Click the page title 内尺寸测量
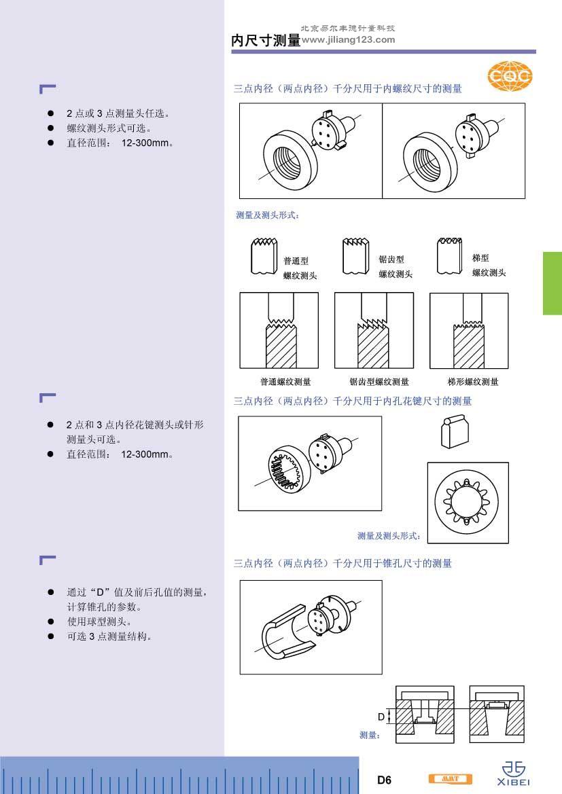pos(266,41)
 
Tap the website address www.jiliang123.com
pos(348,39)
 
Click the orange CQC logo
pos(510,76)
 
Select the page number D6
pos(384,780)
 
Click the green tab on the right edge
pos(552,283)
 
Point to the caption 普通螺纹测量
pos(285,382)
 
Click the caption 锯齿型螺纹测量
pos(379,382)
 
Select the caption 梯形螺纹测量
pos(473,382)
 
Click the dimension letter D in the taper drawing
pos(381,717)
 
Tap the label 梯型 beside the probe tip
pos(480,258)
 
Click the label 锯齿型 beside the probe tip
pos(391,259)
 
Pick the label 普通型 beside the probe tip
pos(296,261)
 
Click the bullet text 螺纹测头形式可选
pos(109,128)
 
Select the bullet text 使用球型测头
pos(99,621)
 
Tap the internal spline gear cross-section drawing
pos(468,503)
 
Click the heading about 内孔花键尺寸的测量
pos(353,401)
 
